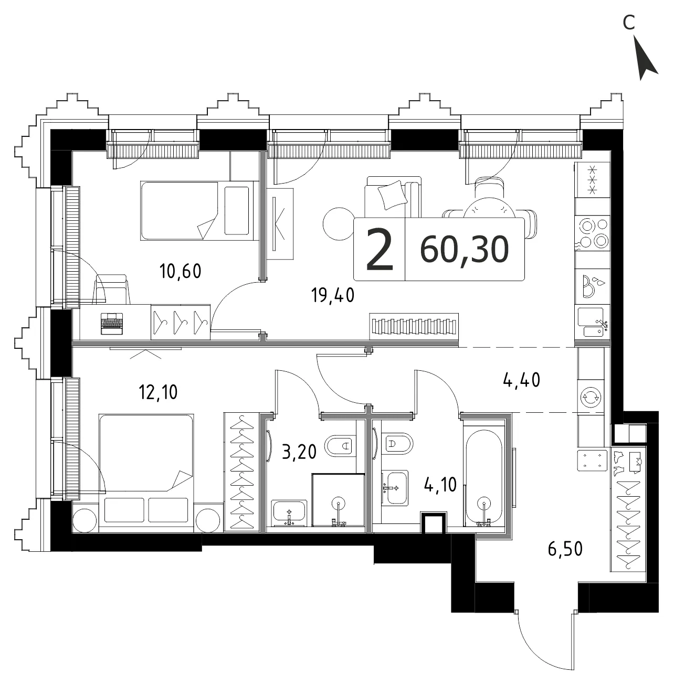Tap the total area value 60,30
[x=465, y=250]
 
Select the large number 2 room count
[x=380, y=249]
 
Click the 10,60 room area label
[x=181, y=271]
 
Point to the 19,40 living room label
[x=333, y=295]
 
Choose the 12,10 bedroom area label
[x=159, y=392]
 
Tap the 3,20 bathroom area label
[x=299, y=452]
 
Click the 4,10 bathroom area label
[x=440, y=485]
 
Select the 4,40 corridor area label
[x=521, y=380]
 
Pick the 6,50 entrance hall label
[x=565, y=549]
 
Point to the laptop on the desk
[x=112, y=324]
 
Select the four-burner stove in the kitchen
[x=593, y=233]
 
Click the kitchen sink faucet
[x=603, y=324]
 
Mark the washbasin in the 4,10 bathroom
[x=395, y=487]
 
